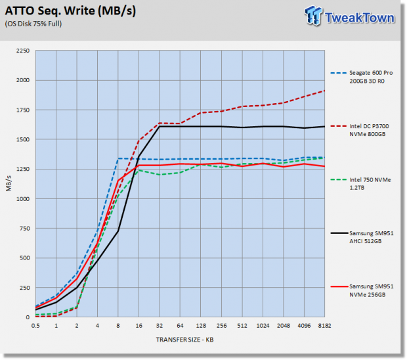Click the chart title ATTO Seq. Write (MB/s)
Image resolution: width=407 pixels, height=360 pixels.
tap(70, 11)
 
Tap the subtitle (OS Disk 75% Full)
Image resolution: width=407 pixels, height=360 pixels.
tap(33, 24)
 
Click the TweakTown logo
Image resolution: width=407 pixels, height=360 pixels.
tap(349, 16)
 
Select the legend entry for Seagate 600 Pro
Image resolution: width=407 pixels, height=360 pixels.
tap(362, 77)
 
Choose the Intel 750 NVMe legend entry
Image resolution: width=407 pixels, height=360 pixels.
tap(361, 183)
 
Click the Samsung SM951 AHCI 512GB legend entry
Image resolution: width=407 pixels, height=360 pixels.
tap(362, 237)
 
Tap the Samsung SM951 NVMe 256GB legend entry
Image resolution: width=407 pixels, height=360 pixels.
tap(362, 290)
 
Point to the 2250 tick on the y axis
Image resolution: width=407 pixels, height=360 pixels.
tap(23, 51)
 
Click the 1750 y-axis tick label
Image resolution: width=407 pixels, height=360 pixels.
tap(23, 110)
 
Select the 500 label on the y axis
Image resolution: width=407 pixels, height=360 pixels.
tap(24, 258)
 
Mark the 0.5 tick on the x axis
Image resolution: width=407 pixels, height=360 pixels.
tap(35, 326)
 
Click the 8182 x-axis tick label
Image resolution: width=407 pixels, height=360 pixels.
tap(324, 326)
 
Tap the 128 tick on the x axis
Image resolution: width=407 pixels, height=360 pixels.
tap(201, 326)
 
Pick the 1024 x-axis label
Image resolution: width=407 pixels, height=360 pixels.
tap(263, 326)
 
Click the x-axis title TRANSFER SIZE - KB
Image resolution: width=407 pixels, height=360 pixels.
tap(185, 340)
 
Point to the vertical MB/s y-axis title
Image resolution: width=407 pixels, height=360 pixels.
tap(9, 183)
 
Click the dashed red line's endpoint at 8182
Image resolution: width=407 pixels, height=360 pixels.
tap(324, 91)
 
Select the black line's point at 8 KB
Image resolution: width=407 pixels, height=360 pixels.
tap(118, 231)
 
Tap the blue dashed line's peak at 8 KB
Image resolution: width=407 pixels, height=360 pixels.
tap(118, 158)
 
